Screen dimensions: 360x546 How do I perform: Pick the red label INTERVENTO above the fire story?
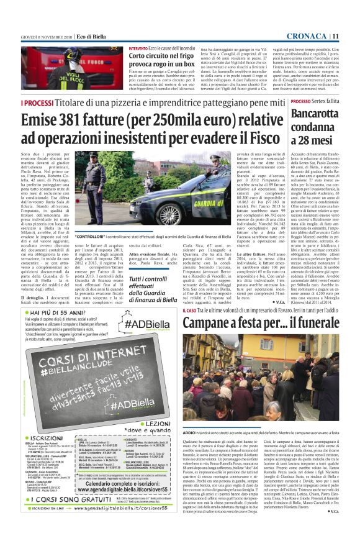tap(138, 48)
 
